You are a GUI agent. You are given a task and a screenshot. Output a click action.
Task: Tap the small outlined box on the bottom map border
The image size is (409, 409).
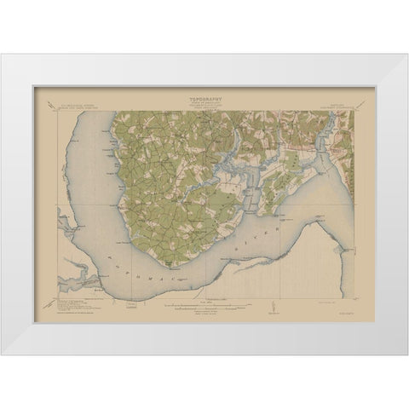click(132, 301)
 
